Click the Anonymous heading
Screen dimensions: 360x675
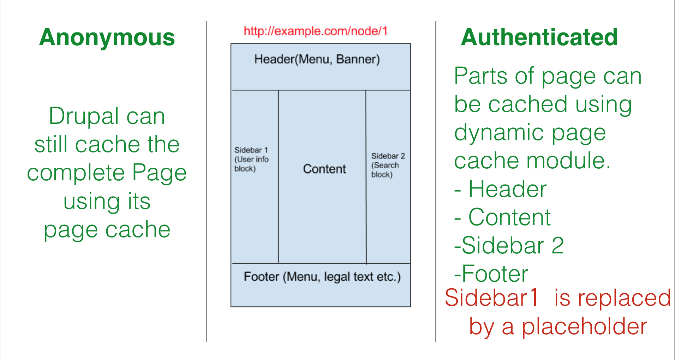point(107,37)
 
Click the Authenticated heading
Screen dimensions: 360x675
point(539,37)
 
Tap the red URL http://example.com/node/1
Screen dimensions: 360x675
point(316,31)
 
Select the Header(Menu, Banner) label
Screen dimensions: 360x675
point(317,59)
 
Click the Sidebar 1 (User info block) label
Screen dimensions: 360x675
point(251,159)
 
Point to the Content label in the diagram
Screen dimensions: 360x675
point(324,169)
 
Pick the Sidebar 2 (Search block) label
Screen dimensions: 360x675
point(388,165)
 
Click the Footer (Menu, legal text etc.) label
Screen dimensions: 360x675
point(322,277)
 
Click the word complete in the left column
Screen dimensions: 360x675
point(76,173)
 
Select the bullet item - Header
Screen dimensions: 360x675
point(500,189)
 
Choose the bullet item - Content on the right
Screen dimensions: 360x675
point(502,217)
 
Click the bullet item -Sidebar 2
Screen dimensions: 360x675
point(509,246)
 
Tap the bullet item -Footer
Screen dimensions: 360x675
point(491,274)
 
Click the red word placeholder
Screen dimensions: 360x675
point(584,327)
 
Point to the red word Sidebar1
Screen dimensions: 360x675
point(491,298)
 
